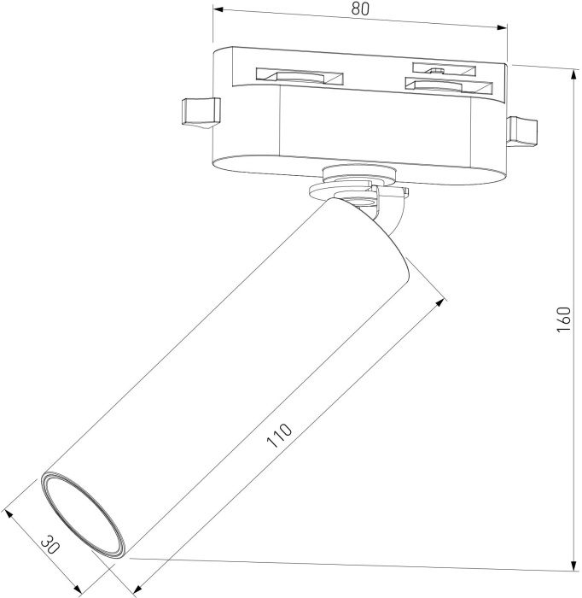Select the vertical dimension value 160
tap(562, 319)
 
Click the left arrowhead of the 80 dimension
tap(218, 10)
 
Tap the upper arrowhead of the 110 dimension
tap(441, 299)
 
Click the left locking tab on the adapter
tap(198, 113)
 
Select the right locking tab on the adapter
tap(521, 130)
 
